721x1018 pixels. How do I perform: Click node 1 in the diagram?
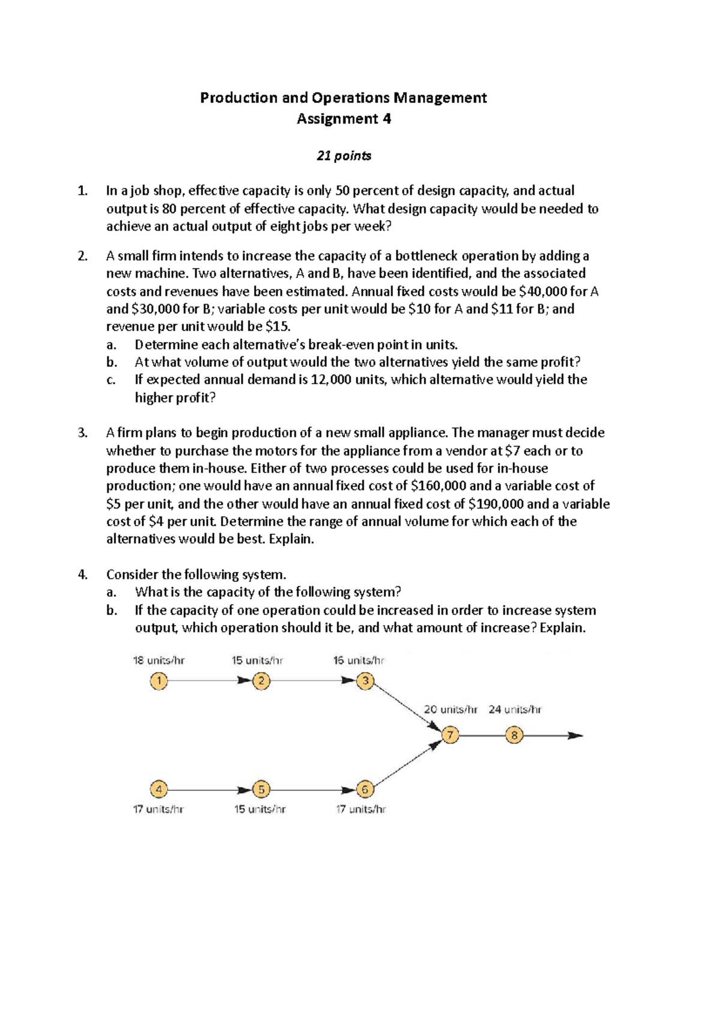click(x=159, y=681)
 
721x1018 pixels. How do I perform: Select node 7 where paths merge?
click(x=450, y=735)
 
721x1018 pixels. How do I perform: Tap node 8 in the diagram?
click(x=514, y=735)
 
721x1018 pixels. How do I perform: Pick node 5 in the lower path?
click(x=261, y=789)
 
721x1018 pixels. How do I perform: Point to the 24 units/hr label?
click(x=515, y=709)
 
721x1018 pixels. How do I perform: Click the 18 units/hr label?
click(x=159, y=660)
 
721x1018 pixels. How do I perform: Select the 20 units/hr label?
click(x=451, y=709)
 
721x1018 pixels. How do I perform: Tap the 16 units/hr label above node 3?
click(x=359, y=660)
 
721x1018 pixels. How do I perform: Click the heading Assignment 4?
click(x=344, y=118)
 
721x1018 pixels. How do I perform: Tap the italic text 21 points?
click(x=344, y=156)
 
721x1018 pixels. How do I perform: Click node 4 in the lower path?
click(x=159, y=789)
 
